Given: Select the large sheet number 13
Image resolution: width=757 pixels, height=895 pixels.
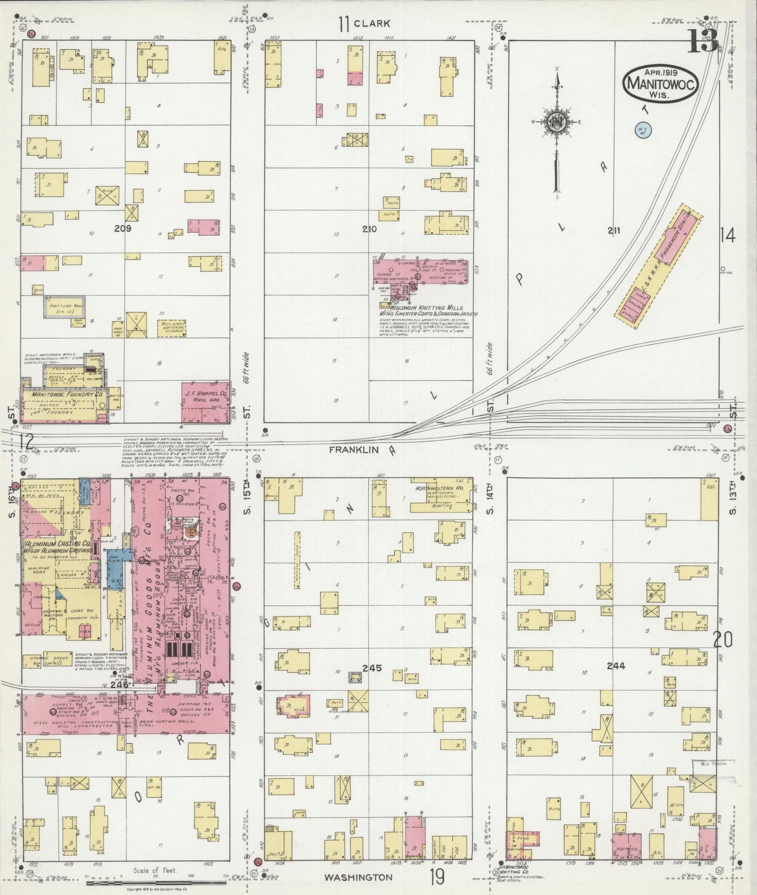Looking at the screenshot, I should pyautogui.click(x=702, y=41).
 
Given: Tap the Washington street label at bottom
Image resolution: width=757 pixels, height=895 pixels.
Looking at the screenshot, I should pyautogui.click(x=358, y=877).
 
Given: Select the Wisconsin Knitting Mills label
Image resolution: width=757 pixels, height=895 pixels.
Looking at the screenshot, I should pyautogui.click(x=422, y=308).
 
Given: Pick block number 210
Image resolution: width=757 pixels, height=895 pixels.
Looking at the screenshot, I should pyautogui.click(x=369, y=229).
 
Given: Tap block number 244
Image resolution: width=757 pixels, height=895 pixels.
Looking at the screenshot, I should pyautogui.click(x=616, y=666).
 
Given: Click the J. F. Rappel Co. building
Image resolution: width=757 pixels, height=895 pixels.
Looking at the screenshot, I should pyautogui.click(x=205, y=402).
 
